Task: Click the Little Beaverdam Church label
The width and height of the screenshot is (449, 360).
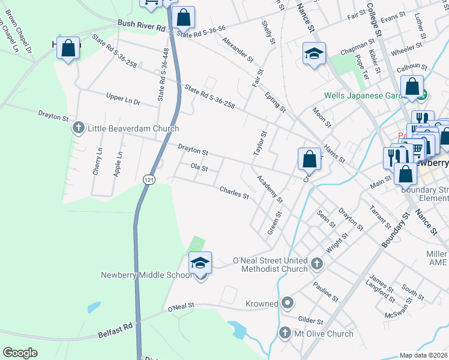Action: pyautogui.click(x=133, y=128)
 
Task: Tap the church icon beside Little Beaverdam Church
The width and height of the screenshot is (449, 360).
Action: pyautogui.click(x=78, y=128)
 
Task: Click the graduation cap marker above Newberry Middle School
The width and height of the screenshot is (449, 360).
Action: pyautogui.click(x=200, y=263)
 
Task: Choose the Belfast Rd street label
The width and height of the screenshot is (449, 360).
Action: pyautogui.click(x=116, y=329)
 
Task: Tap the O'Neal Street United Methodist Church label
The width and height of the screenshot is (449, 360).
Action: pyautogui.click(x=270, y=265)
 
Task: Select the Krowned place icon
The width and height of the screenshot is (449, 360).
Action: pyautogui.click(x=288, y=304)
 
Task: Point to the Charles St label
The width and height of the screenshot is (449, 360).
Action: pyautogui.click(x=234, y=193)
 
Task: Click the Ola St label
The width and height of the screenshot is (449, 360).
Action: pyautogui.click(x=199, y=168)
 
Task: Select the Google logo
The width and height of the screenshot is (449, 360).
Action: pyautogui.click(x=20, y=353)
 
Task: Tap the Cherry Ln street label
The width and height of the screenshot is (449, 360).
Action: pyautogui.click(x=98, y=162)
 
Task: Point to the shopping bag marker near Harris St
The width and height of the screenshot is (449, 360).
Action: pyautogui.click(x=309, y=160)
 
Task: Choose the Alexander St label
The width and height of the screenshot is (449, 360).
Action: pyautogui.click(x=238, y=50)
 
